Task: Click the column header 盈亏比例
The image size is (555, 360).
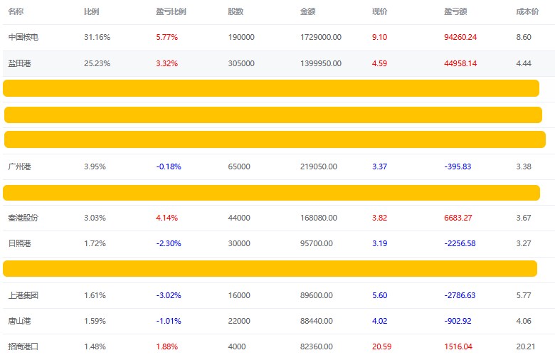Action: (171, 11)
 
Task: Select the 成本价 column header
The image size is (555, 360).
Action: (527, 11)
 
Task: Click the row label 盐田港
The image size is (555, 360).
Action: (20, 63)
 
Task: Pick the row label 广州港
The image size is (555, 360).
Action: (20, 166)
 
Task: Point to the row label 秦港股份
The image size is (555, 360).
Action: (23, 218)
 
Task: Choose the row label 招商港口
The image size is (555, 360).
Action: (23, 346)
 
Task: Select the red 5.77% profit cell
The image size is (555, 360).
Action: (166, 37)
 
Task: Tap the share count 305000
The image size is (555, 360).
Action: (241, 63)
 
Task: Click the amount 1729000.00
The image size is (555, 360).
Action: (321, 37)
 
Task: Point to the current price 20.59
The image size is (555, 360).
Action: (382, 346)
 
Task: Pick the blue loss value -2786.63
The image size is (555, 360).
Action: (459, 295)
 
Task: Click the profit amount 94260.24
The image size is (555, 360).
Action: (460, 37)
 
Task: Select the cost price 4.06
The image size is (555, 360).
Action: (524, 321)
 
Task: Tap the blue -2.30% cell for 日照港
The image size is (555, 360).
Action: (169, 243)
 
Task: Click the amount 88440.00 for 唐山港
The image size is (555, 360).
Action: (319, 321)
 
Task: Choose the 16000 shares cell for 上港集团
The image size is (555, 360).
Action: (239, 295)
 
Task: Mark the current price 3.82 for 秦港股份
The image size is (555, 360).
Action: (379, 218)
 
